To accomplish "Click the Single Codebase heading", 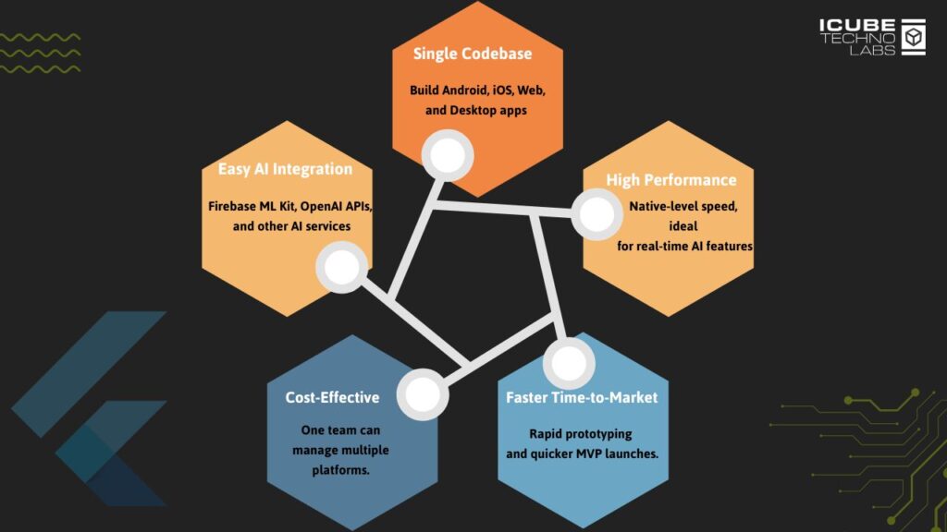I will click(473, 54).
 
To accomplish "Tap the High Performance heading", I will click(671, 179).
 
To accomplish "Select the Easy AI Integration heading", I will click(285, 169).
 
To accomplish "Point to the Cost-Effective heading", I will click(333, 397).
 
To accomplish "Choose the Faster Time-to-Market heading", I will click(582, 397).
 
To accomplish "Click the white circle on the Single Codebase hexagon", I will click(448, 153).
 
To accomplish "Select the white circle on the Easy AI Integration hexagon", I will click(342, 268).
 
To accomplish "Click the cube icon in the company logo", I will click(914, 37).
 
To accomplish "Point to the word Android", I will click(473, 91).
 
